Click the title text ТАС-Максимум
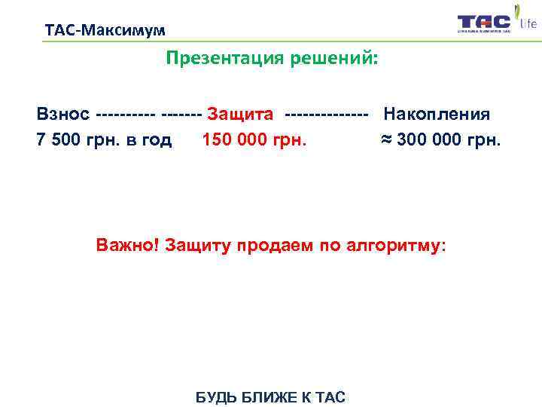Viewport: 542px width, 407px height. (x=105, y=31)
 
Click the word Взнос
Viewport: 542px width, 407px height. (x=63, y=115)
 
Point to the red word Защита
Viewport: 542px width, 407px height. (x=239, y=115)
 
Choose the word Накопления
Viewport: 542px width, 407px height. (x=437, y=115)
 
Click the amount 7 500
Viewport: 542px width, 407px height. (x=57, y=140)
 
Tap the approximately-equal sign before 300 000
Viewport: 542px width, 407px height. (x=384, y=140)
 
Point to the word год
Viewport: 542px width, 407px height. (x=154, y=140)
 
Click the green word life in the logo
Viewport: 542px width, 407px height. (x=528, y=24)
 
